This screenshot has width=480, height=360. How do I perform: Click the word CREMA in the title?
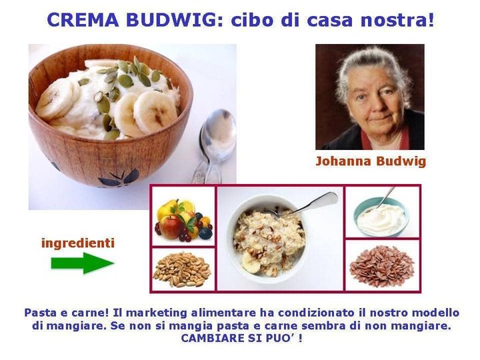click(x=83, y=20)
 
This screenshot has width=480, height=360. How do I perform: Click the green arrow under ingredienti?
click(x=83, y=263)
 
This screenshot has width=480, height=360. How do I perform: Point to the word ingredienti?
click(x=78, y=243)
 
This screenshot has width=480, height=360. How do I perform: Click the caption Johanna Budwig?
click(x=371, y=161)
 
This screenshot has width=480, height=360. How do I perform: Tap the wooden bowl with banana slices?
click(x=110, y=115)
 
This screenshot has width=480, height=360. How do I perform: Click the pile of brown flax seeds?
click(x=382, y=266)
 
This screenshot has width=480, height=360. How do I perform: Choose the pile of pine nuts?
click(x=182, y=269)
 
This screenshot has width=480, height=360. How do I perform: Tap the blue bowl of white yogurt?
click(x=381, y=217)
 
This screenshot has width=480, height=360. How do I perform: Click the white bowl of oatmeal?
click(x=267, y=239)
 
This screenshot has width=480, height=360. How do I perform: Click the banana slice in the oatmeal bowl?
click(x=251, y=263)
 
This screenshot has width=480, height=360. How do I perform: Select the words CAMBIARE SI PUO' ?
click(x=242, y=338)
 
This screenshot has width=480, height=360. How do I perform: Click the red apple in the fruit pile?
click(x=170, y=227)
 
